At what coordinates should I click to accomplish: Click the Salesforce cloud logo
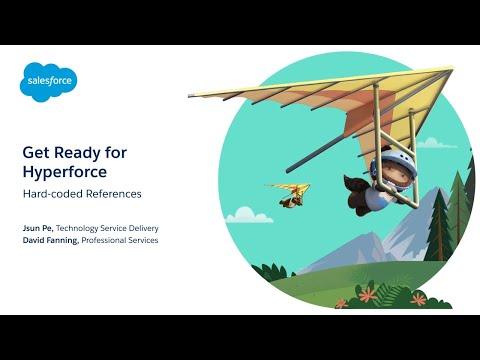coord(49,80)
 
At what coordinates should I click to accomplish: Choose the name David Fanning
coord(51,241)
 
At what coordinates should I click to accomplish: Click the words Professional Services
coord(120,241)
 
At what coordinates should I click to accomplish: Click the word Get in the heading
coord(37,151)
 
